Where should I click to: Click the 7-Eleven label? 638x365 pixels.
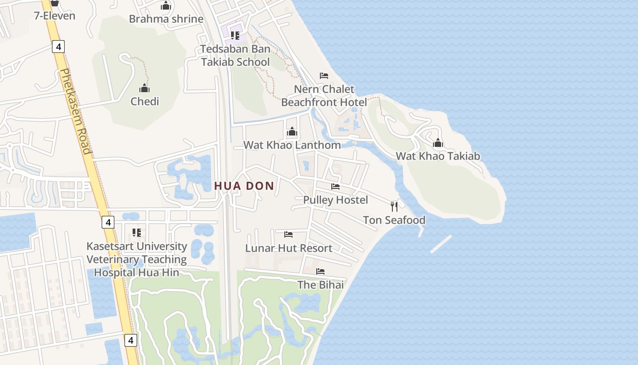click(x=55, y=16)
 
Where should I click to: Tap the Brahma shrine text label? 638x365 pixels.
click(x=166, y=19)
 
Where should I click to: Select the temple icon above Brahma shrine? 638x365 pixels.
click(x=166, y=6)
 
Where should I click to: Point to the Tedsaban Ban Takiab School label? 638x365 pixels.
click(x=236, y=55)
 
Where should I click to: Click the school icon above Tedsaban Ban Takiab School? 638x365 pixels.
click(x=235, y=35)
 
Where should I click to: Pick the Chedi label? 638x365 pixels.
click(x=145, y=101)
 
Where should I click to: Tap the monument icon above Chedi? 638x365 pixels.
click(x=145, y=88)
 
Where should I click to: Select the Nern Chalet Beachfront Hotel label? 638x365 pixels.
click(x=324, y=95)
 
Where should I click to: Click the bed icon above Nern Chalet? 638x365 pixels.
click(x=324, y=75)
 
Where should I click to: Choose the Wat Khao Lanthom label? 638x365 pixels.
click(x=292, y=145)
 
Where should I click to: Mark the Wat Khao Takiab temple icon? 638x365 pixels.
click(x=438, y=143)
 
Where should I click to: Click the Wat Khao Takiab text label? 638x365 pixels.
click(x=438, y=156)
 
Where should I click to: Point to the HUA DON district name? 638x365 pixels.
click(x=244, y=186)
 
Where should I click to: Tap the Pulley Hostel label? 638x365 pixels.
click(x=335, y=200)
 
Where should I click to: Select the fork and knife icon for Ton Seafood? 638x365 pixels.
click(x=394, y=207)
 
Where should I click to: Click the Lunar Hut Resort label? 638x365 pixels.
click(x=288, y=248)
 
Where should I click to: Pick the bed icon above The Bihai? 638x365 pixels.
click(x=320, y=271)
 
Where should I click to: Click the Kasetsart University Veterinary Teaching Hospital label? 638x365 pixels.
click(x=137, y=259)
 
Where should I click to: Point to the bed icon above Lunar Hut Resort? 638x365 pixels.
click(x=288, y=235)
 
